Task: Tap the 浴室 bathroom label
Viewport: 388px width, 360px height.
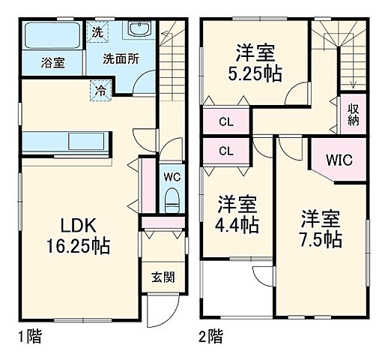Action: pos(52,63)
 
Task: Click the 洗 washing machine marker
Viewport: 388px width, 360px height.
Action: pos(97,32)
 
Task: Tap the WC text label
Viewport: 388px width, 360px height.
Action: pos(172,178)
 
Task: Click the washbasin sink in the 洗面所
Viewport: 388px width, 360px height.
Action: pos(139,31)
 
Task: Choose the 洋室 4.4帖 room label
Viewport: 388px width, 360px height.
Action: pos(238,214)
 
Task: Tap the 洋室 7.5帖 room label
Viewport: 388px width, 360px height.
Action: pos(322,229)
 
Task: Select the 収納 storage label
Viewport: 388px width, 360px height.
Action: pos(353,113)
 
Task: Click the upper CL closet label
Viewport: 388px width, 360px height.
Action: pos(226,121)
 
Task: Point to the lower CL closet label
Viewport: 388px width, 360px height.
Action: pos(226,150)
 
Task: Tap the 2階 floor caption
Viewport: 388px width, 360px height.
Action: pos(212,335)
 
